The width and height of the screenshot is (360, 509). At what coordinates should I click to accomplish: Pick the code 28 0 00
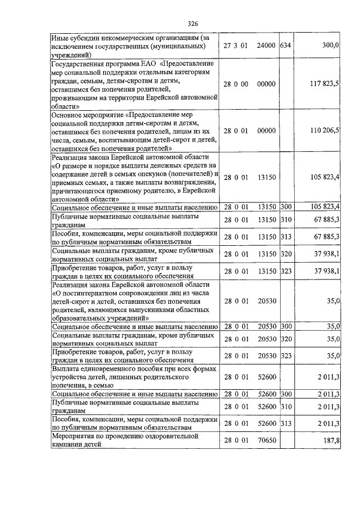pos(236,84)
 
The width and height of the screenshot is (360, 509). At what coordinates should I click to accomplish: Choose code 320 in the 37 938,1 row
pos(286,254)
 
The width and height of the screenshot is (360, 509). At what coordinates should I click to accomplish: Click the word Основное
pos(69,115)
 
